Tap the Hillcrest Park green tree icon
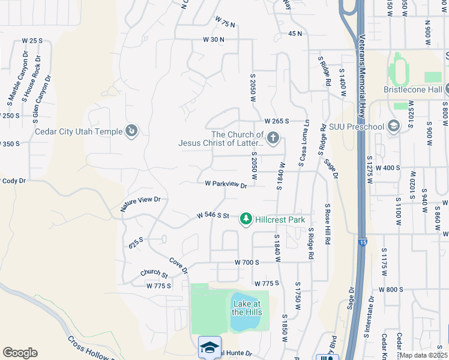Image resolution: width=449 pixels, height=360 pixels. click(246, 220)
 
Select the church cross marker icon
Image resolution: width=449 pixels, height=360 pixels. click(273, 139)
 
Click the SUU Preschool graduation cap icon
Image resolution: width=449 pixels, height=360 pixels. click(393, 126)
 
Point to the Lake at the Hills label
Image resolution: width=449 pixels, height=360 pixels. click(246, 308)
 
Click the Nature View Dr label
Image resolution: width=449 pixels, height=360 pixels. click(140, 203)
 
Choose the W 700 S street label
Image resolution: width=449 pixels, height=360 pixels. click(247, 263)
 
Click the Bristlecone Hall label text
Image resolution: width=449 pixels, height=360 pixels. click(413, 89)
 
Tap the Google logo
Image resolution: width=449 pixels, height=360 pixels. click(20, 352)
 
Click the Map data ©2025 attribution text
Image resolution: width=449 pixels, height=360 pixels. click(423, 355)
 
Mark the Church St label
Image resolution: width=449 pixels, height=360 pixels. click(154, 274)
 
